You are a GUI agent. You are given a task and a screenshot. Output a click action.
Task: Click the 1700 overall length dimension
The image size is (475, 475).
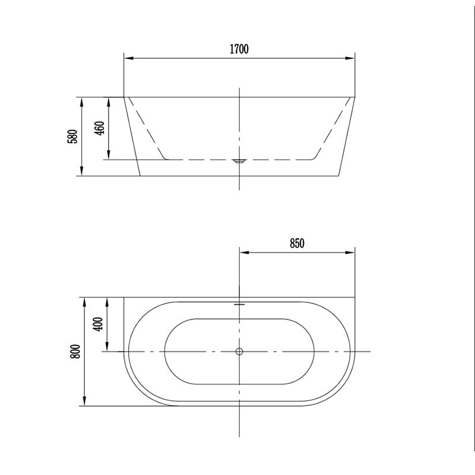pyautogui.click(x=239, y=49)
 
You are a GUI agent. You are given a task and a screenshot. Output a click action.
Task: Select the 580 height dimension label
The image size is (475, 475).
pyautogui.click(x=72, y=137)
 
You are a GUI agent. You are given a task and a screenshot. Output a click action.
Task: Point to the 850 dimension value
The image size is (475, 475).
pyautogui.click(x=296, y=243)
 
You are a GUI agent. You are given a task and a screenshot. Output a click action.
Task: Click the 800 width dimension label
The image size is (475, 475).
pyautogui.click(x=74, y=351)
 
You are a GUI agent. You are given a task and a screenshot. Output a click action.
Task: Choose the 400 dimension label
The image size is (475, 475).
pyautogui.click(x=99, y=324)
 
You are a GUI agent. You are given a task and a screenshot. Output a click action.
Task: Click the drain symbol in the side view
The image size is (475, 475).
pyautogui.click(x=239, y=160)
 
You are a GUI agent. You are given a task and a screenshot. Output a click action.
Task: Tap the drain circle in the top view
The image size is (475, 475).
pyautogui.click(x=239, y=351)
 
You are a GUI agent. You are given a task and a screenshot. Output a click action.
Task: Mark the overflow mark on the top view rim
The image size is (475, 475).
pyautogui.click(x=239, y=304)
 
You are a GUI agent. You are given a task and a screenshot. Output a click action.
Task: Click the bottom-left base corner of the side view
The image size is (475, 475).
pyautogui.click(x=140, y=176)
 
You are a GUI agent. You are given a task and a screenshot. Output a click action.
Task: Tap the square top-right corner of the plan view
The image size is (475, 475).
pyautogui.click(x=354, y=297)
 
